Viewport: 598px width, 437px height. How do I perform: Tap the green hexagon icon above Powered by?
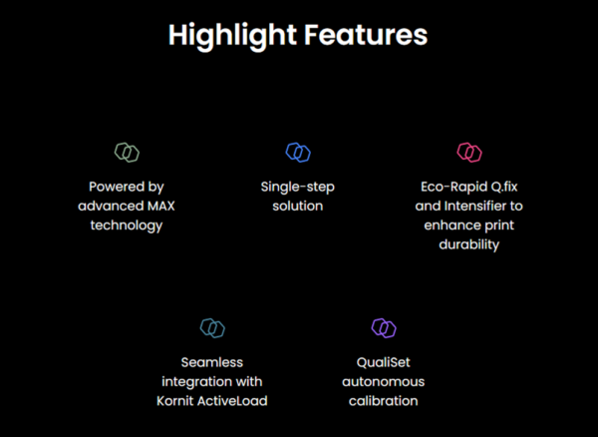pyautogui.click(x=127, y=153)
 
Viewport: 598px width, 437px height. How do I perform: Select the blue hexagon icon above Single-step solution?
pyautogui.click(x=298, y=153)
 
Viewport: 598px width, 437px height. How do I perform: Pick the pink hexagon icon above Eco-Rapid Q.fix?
pyautogui.click(x=469, y=153)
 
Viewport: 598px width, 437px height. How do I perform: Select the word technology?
pyautogui.click(x=127, y=225)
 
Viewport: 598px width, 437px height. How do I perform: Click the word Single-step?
pyautogui.click(x=298, y=186)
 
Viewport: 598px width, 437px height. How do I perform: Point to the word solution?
pyautogui.click(x=298, y=206)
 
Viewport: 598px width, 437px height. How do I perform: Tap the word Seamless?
pyautogui.click(x=212, y=361)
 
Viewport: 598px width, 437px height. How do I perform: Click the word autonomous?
pyautogui.click(x=384, y=381)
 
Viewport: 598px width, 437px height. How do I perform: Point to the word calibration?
pyautogui.click(x=384, y=401)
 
